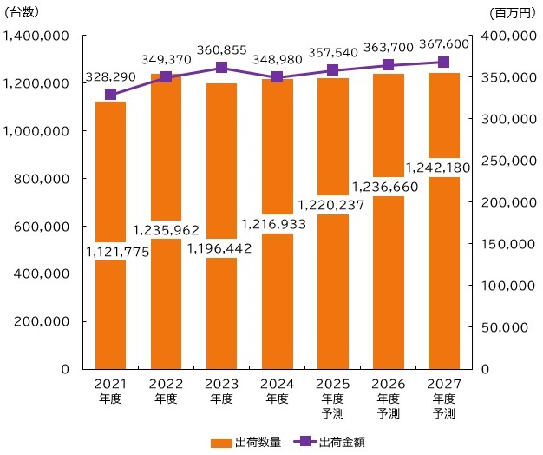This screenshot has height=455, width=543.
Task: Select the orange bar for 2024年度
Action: pyautogui.click(x=277, y=295)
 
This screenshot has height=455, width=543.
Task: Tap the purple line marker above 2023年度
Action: pyautogui.click(x=221, y=68)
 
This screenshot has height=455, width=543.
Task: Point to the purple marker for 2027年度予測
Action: pyautogui.click(x=443, y=63)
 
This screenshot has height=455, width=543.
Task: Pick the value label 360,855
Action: pyautogui.click(x=221, y=50)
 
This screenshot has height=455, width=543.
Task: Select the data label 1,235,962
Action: pyautogui.click(x=166, y=231)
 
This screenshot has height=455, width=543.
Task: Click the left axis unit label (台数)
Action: pyautogui.click(x=22, y=12)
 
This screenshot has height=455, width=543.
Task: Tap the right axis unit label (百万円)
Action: pyautogui.click(x=514, y=12)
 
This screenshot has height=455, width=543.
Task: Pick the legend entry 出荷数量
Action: pyautogui.click(x=246, y=442)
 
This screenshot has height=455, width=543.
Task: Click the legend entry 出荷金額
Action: pyautogui.click(x=331, y=442)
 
